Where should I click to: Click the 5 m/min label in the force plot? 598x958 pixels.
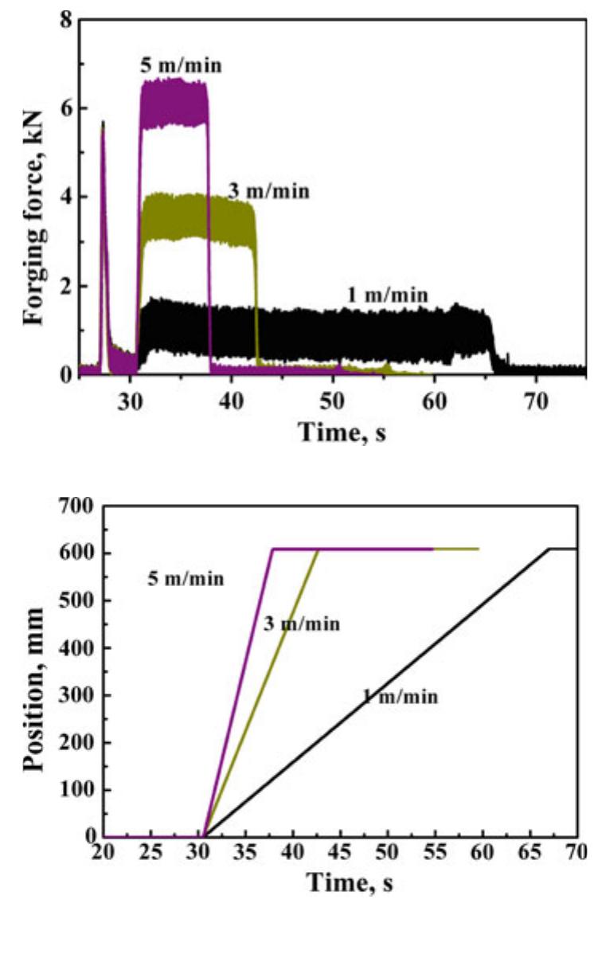tap(182, 65)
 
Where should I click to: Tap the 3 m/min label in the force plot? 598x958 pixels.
tap(268, 191)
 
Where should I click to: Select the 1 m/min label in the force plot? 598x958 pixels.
tap(388, 295)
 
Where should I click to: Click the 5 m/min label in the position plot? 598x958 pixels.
tap(186, 579)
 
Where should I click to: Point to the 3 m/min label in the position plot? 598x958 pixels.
tap(302, 624)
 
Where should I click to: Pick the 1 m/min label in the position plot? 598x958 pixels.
tap(401, 697)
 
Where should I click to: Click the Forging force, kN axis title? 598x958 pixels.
tap(33, 218)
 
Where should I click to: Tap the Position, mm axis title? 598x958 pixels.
tap(33, 690)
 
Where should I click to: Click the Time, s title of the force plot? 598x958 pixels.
tap(342, 432)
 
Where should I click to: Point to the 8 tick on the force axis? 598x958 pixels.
tap(66, 20)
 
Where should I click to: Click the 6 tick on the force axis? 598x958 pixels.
tap(66, 108)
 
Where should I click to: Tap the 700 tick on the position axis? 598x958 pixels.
tap(76, 506)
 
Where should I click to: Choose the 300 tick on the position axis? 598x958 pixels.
tap(76, 695)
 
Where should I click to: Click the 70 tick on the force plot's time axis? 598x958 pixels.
tap(536, 401)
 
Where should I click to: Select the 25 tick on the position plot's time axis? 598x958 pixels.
tap(150, 852)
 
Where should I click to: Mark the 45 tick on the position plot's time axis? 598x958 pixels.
tap(341, 852)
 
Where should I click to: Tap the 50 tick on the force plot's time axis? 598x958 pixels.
tap(333, 401)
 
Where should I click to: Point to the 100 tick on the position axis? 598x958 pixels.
tap(76, 789)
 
